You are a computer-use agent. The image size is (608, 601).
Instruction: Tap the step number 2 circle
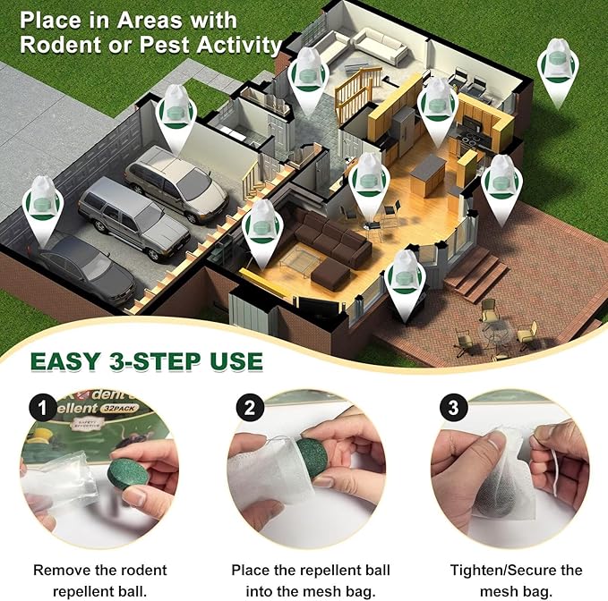pyautogui.click(x=250, y=409)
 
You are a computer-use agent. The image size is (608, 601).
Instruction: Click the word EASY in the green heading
pyautogui.click(x=73, y=362)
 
